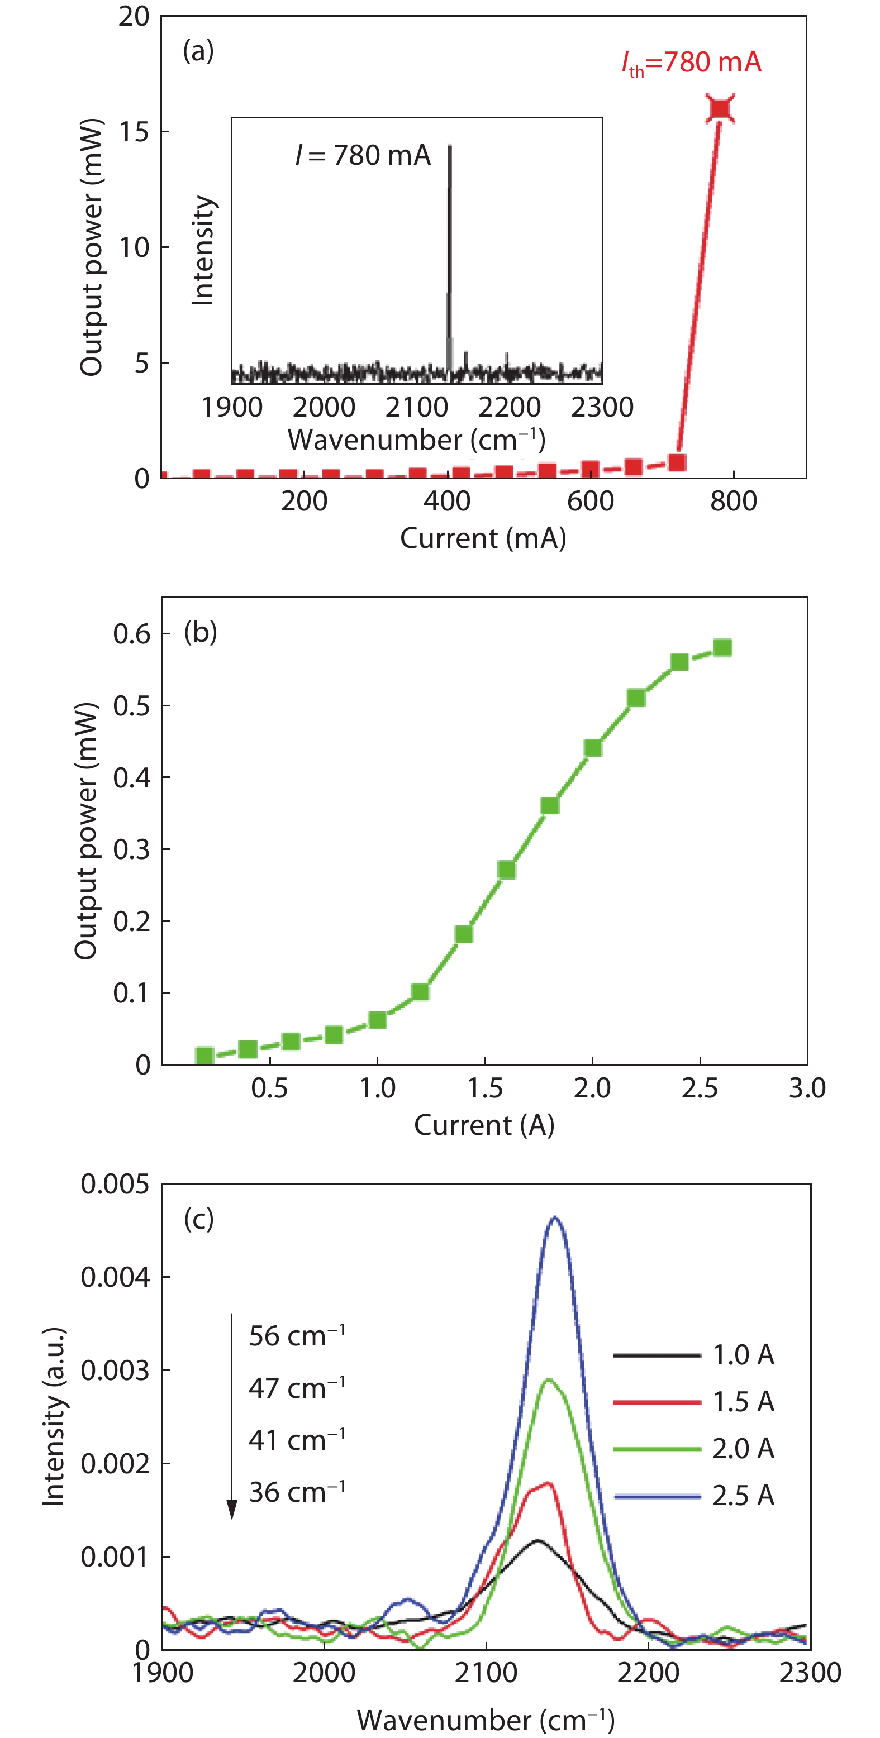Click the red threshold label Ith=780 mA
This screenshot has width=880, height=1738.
(x=691, y=63)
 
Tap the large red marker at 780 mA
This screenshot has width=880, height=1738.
(x=720, y=108)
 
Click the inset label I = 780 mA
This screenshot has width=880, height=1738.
(x=363, y=156)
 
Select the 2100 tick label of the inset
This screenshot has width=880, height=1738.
(x=416, y=408)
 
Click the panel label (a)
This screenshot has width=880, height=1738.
(x=198, y=51)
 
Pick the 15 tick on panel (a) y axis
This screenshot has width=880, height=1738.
(x=134, y=132)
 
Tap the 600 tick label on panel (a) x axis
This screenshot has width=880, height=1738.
(x=591, y=502)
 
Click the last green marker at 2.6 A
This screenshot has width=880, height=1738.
(x=722, y=648)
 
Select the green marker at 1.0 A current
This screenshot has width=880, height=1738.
(x=377, y=1019)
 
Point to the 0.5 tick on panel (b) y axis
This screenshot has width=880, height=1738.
(x=132, y=706)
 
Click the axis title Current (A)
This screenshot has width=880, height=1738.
(x=484, y=1125)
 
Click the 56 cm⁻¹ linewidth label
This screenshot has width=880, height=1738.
(x=297, y=1336)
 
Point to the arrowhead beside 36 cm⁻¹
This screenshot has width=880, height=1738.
(x=231, y=1508)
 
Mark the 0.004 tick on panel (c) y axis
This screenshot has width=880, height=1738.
(x=115, y=1277)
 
